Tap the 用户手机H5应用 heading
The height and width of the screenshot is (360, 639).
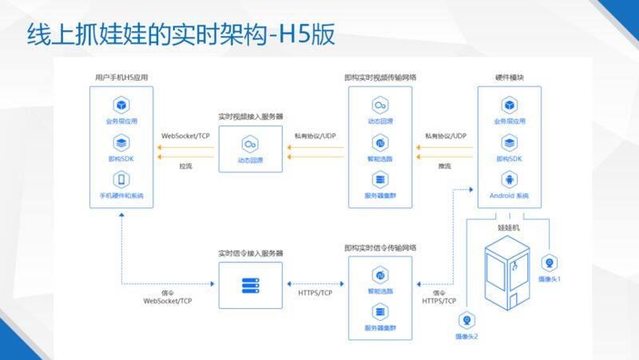(x=121, y=77)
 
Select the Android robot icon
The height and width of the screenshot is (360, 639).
(x=509, y=180)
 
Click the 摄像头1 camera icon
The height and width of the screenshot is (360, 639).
(x=550, y=263)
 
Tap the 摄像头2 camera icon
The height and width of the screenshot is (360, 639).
(x=466, y=320)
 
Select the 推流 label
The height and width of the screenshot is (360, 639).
(x=445, y=166)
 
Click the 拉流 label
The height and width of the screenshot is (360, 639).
(x=186, y=166)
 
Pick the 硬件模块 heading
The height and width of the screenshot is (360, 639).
(x=509, y=77)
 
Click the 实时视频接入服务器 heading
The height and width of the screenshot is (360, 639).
(x=250, y=117)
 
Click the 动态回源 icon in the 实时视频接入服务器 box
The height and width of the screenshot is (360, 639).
(x=250, y=143)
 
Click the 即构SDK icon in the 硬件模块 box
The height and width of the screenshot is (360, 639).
(x=509, y=143)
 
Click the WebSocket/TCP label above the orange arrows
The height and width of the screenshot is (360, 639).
(x=187, y=135)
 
